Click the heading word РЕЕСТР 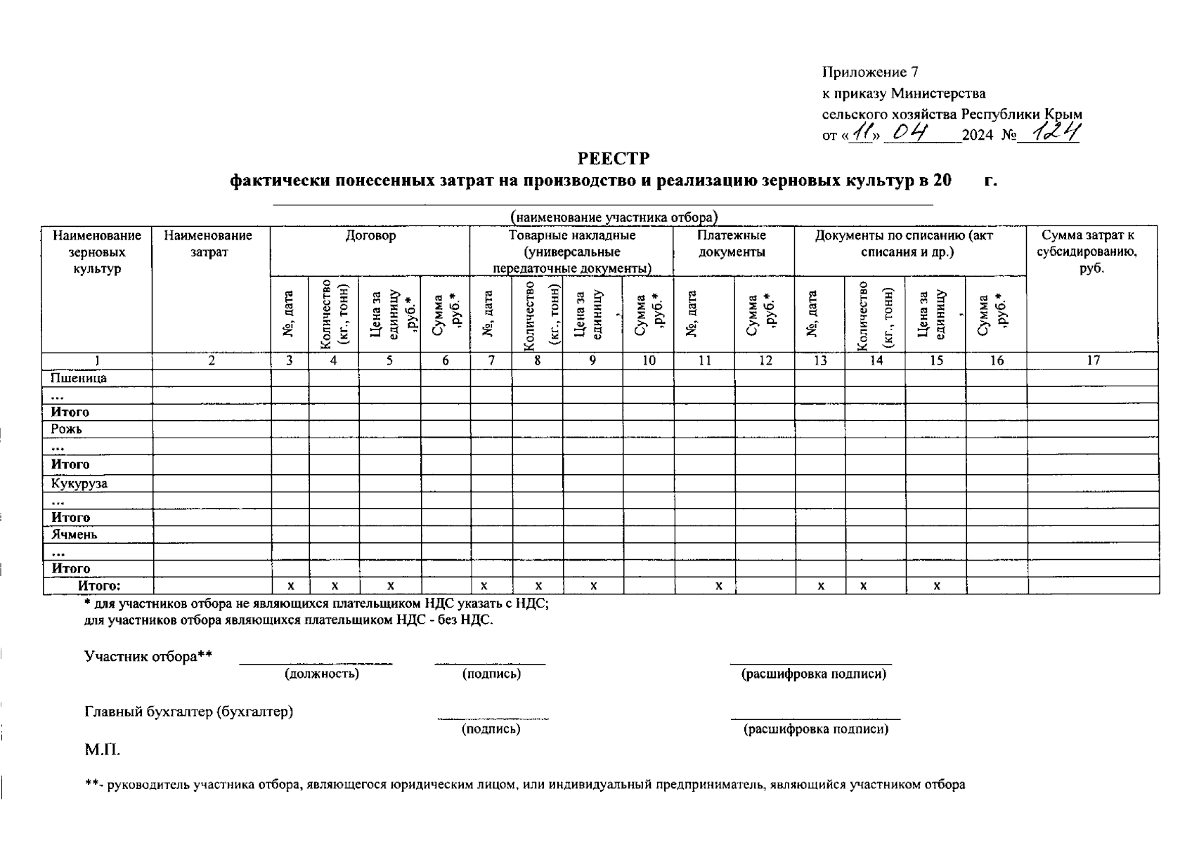click(x=614, y=158)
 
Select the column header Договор click(x=370, y=236)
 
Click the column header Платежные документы click(x=732, y=244)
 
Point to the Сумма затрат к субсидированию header click(x=1091, y=251)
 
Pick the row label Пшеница click(x=79, y=378)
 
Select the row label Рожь click(x=66, y=429)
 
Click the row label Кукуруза click(x=79, y=483)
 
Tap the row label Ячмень click(x=74, y=535)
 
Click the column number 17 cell click(x=1093, y=360)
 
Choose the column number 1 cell click(x=97, y=360)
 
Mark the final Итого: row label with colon click(x=99, y=585)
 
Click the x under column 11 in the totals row click(x=718, y=585)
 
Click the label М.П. click(x=103, y=750)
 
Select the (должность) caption click(x=321, y=674)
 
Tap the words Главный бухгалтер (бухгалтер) click(x=188, y=712)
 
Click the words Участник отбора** click(x=148, y=657)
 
